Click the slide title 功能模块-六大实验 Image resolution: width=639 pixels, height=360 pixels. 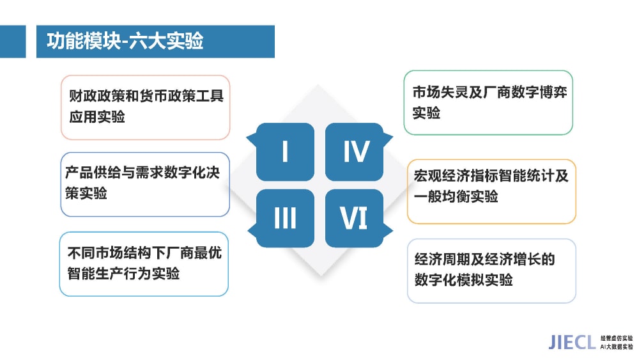125,41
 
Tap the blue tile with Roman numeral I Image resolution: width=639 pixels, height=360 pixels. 285,152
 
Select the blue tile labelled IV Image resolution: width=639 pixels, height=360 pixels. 355,152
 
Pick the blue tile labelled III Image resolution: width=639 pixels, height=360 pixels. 285,218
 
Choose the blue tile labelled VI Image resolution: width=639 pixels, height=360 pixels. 355,218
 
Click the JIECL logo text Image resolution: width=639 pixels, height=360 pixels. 572,343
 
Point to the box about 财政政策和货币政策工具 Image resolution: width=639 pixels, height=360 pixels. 146,107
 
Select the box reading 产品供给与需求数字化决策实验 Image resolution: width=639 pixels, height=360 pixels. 145,184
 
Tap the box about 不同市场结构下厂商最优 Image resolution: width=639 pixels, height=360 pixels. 144,264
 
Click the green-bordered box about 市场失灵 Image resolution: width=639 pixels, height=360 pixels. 488,102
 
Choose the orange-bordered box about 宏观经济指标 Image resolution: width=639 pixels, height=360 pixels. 491,192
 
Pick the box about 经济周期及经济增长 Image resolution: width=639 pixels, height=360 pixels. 491,271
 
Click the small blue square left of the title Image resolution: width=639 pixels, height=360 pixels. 13,41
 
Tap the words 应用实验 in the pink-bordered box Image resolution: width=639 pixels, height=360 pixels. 97,117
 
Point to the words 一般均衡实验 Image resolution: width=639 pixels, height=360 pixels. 456,196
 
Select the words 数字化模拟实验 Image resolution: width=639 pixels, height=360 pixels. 463,280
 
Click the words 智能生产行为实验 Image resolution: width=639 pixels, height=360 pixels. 123,273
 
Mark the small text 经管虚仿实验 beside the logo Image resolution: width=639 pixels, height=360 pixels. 617,338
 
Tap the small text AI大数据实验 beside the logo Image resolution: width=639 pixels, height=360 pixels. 617,347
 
